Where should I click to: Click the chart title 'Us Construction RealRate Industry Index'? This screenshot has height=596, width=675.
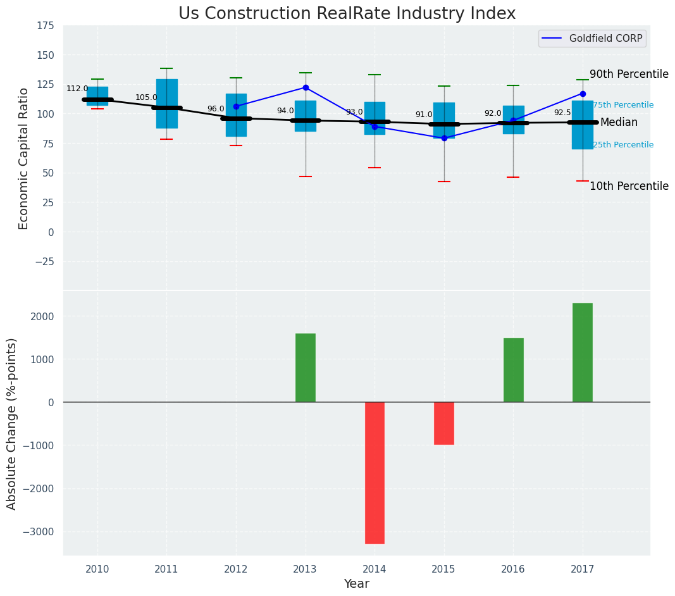click(x=347, y=14)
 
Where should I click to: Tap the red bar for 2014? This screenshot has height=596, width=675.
click(x=375, y=473)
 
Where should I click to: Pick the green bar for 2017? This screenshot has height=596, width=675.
click(x=582, y=352)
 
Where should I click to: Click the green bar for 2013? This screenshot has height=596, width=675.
click(x=305, y=368)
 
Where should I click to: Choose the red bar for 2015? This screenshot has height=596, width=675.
click(x=443, y=423)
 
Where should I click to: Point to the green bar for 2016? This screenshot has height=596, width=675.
click(x=513, y=370)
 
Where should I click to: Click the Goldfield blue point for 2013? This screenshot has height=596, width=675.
click(x=306, y=87)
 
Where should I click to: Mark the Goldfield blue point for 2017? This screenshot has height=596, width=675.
click(x=583, y=94)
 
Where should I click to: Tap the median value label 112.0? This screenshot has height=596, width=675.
click(x=77, y=89)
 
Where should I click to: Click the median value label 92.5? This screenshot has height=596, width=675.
click(x=562, y=113)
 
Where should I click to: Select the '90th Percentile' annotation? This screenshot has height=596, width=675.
click(x=629, y=74)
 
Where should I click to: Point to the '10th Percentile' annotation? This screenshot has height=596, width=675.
click(x=629, y=186)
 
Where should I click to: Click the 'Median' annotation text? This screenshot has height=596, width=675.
click(x=619, y=122)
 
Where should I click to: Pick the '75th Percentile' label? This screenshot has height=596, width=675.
click(x=623, y=105)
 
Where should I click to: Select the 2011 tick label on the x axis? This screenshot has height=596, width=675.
click(x=166, y=569)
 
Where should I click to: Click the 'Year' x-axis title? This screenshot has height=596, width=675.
click(x=356, y=584)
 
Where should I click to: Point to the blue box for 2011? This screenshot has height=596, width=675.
click(x=166, y=104)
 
